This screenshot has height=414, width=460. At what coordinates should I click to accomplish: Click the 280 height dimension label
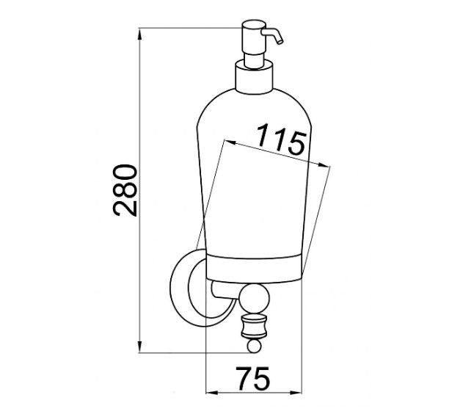(125, 190)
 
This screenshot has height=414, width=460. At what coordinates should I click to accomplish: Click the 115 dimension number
(281, 139)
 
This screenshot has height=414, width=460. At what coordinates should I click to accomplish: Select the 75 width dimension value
(253, 378)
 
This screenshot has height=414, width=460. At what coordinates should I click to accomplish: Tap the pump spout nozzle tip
(280, 42)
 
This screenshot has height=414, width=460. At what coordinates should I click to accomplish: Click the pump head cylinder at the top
(253, 37)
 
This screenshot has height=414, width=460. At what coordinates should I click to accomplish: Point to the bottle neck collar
(254, 77)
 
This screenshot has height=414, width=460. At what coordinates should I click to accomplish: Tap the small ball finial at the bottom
(253, 346)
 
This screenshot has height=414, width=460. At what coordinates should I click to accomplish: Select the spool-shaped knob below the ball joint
(254, 326)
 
